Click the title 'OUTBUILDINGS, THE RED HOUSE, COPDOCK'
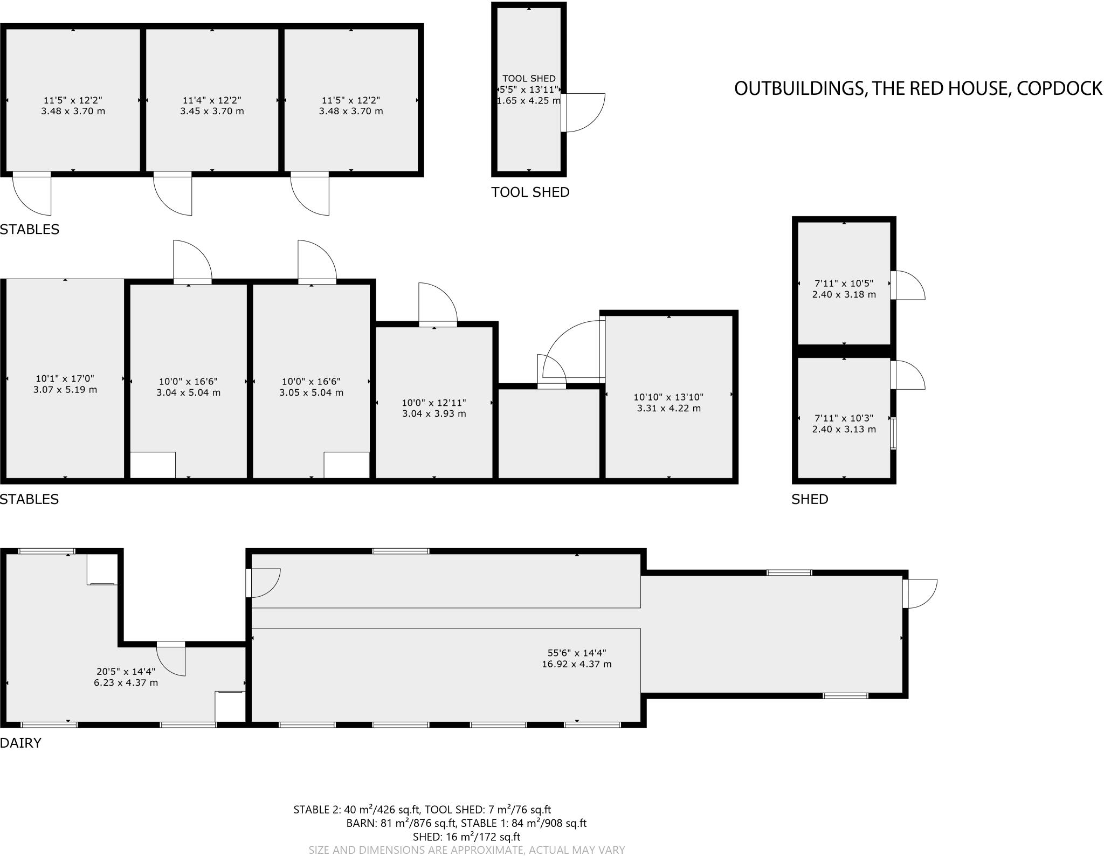click(917, 88)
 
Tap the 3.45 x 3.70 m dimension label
click(212, 112)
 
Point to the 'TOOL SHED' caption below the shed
click(530, 192)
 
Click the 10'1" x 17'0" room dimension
click(65, 378)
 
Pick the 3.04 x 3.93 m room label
click(434, 414)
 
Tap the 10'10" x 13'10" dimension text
click(668, 397)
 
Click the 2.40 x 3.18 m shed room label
click(844, 295)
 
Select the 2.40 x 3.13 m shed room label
click(844, 430)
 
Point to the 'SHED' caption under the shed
click(810, 499)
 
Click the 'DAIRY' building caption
click(20, 743)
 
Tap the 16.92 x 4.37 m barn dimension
click(576, 664)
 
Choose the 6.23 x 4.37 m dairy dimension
click(126, 683)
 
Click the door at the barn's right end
click(921, 593)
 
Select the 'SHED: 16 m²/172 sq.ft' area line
click(466, 837)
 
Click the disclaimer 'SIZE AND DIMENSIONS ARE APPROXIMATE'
click(466, 850)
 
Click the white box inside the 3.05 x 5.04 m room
click(346, 465)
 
